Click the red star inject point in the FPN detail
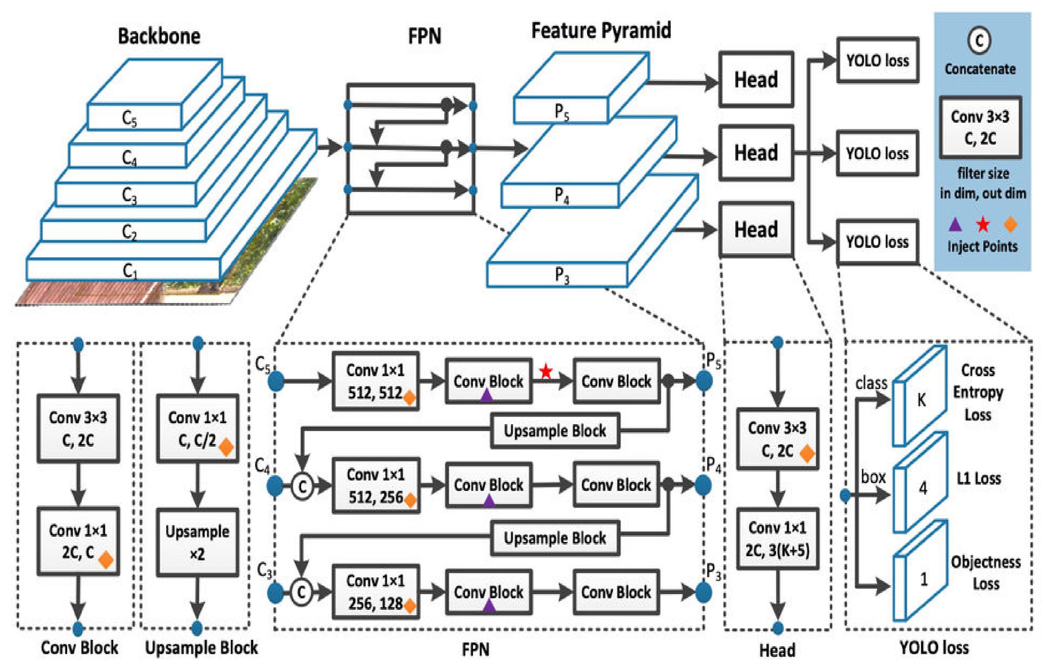pyautogui.click(x=546, y=372)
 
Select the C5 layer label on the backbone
pyautogui.click(x=129, y=118)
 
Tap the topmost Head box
pyautogui.click(x=756, y=80)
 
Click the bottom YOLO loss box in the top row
pyautogui.click(x=877, y=242)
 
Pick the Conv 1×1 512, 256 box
pyautogui.click(x=376, y=485)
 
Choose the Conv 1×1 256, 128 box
pyautogui.click(x=376, y=591)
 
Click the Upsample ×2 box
pyautogui.click(x=198, y=542)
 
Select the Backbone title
pyautogui.click(x=159, y=36)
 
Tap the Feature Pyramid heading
pyautogui.click(x=601, y=31)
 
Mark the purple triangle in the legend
pyautogui.click(x=956, y=225)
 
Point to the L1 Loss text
pyautogui.click(x=979, y=479)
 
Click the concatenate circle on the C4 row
pyautogui.click(x=302, y=486)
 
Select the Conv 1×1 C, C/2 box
pyautogui.click(x=198, y=428)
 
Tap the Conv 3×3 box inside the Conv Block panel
pyautogui.click(x=78, y=428)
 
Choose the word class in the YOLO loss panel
pyautogui.click(x=871, y=383)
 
